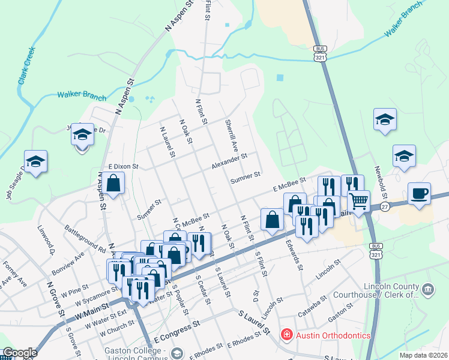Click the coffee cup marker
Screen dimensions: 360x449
(x=420, y=194)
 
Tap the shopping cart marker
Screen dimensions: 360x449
(x=358, y=202)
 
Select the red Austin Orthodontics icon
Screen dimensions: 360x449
(x=287, y=335)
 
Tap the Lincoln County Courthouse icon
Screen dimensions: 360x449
(x=428, y=291)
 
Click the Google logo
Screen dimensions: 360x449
(x=19, y=353)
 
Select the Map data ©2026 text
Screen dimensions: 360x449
(x=423, y=355)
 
